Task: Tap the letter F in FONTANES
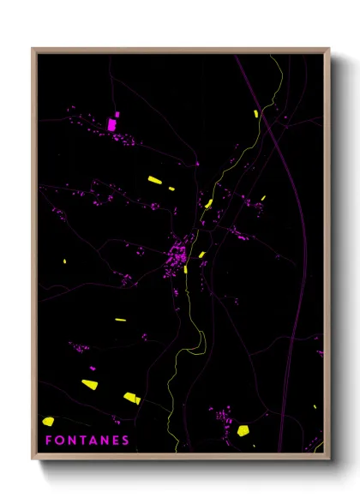[x=48, y=441]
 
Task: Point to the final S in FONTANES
[x=126, y=441]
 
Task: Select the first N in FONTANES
[x=71, y=441]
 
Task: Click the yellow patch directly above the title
[x=49, y=422]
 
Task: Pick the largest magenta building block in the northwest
[x=111, y=124]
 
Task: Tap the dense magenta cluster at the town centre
[x=177, y=255]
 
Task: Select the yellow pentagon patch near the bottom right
[x=243, y=429]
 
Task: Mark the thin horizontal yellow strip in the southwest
[x=121, y=320]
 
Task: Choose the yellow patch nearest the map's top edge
[x=255, y=113]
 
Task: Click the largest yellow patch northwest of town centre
[x=154, y=180]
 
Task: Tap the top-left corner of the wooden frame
[x=33, y=50]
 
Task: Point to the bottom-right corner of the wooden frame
[x=327, y=458]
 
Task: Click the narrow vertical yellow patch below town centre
[x=185, y=269]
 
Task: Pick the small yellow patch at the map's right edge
[x=318, y=353]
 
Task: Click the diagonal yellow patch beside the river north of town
[x=208, y=203]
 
